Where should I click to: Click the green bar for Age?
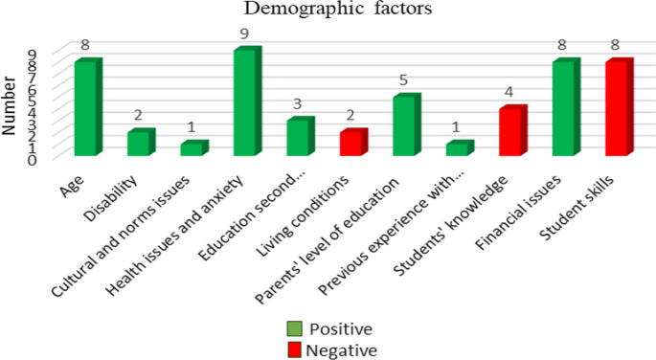[x=86, y=107]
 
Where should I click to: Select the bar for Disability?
[x=139, y=143]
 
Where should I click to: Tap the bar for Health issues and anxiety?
[x=245, y=101]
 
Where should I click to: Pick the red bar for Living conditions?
[x=351, y=143]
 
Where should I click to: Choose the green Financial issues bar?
[x=563, y=107]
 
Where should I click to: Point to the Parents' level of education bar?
[x=404, y=125]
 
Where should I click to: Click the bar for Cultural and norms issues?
[x=192, y=148]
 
